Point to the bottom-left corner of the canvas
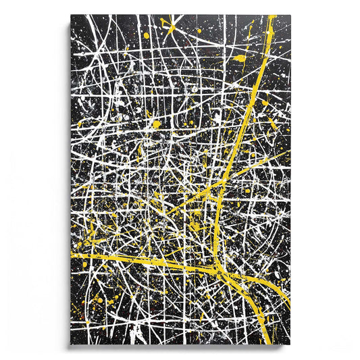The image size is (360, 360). (70, 346)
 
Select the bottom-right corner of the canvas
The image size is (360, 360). (290, 346)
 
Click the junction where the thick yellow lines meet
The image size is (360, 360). (217, 260)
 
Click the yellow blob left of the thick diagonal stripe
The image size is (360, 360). (240, 59)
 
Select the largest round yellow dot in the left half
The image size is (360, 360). (157, 124)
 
